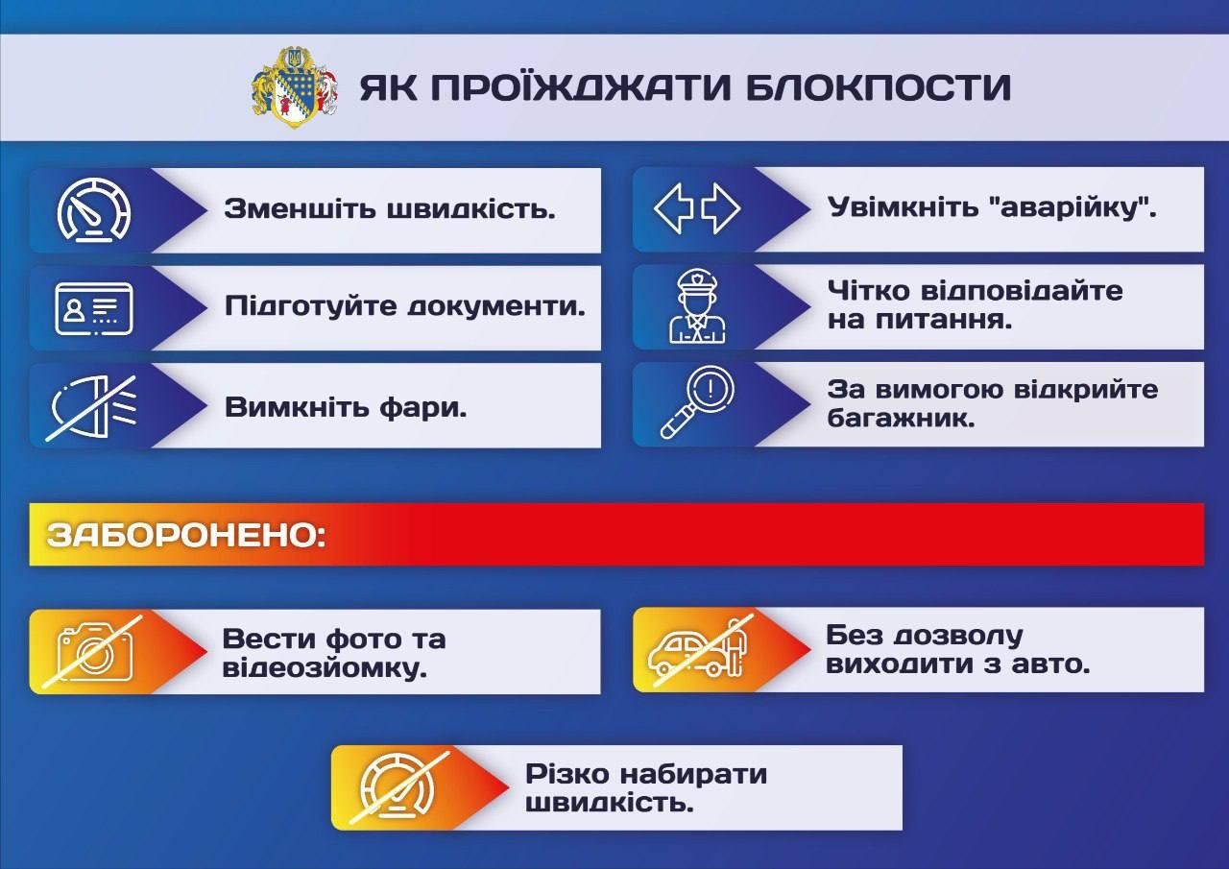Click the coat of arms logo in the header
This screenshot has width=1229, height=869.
tap(295, 87)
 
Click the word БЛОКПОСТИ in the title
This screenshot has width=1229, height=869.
tap(878, 87)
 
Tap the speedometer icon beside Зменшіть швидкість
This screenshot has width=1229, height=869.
tap(94, 209)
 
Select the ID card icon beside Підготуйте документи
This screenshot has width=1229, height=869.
tap(94, 309)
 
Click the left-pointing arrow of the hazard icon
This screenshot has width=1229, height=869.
tap(673, 208)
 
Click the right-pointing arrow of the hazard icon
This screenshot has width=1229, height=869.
tap(722, 208)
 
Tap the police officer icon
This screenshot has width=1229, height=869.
tap(697, 306)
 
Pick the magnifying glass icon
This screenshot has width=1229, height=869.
tap(697, 402)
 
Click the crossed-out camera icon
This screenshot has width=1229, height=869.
tap(95, 651)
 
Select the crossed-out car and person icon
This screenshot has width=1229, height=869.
tap(699, 648)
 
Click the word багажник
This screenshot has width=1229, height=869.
tap(901, 419)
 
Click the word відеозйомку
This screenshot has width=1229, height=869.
tap(325, 668)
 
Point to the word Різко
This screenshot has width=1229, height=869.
tap(567, 775)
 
